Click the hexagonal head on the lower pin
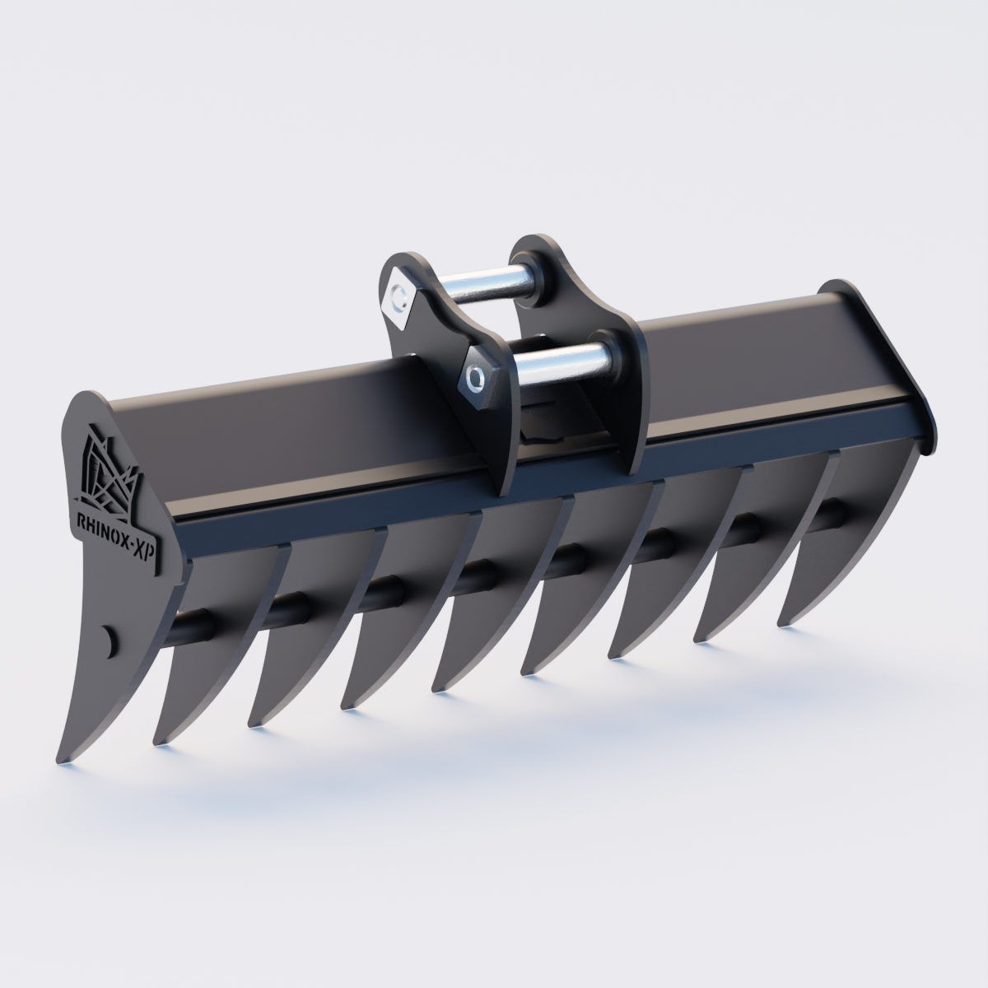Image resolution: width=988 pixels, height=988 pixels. coord(475,377)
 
